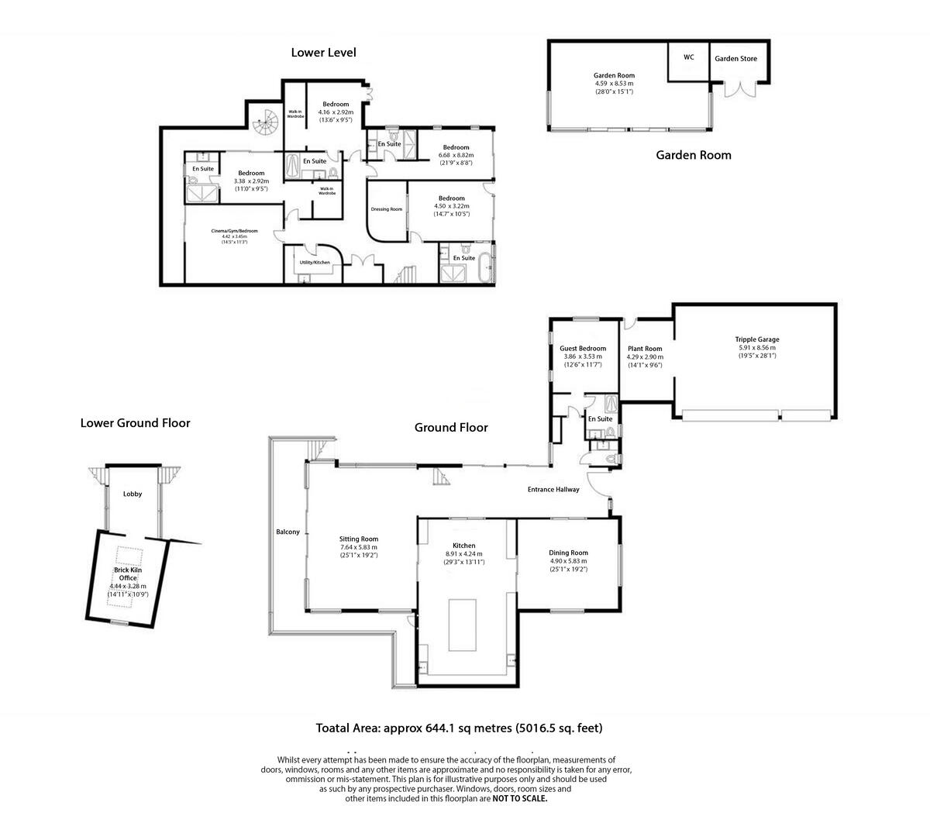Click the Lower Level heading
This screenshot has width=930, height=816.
[323, 53]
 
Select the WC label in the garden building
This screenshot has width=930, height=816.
[688, 57]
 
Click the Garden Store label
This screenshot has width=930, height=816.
[735, 58]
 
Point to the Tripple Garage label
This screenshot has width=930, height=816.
[757, 339]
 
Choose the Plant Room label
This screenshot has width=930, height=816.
[645, 349]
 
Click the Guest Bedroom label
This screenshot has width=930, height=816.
[583, 349]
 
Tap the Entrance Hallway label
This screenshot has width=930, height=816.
[553, 490]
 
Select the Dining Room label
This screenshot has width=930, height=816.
[568, 553]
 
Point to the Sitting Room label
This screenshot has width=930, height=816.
[359, 539]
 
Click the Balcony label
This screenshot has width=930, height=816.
[288, 532]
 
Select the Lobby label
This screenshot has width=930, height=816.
[133, 494]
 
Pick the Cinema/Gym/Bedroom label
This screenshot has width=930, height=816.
[234, 231]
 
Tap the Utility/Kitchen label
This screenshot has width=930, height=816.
[315, 262]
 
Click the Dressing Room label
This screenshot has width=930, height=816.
[386, 209]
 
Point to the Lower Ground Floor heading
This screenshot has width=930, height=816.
[135, 423]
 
